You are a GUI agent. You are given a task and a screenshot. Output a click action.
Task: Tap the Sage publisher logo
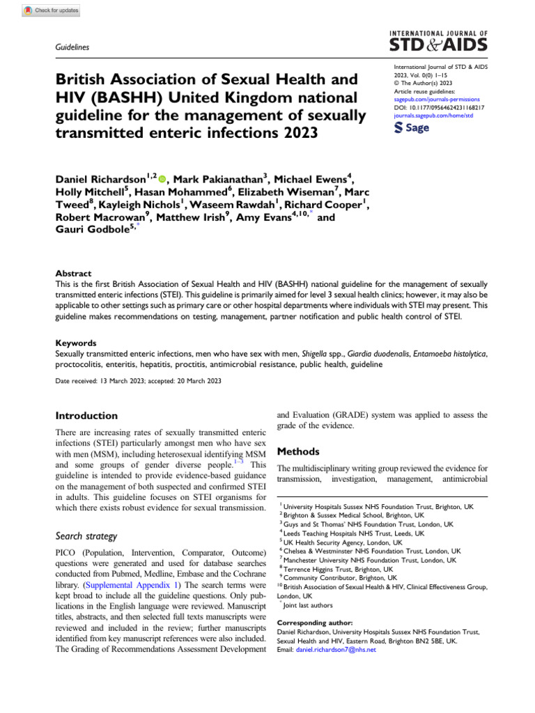[412, 127]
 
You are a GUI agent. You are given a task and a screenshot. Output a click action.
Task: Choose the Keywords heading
[76, 343]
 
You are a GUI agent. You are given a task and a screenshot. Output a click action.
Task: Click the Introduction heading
[86, 416]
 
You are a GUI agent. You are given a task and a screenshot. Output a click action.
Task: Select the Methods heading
[298, 451]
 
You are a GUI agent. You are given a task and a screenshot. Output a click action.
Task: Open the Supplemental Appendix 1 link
[134, 586]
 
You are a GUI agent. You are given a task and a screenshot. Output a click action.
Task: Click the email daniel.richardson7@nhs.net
[336, 649]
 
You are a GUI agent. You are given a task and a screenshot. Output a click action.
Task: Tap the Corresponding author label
[315, 622]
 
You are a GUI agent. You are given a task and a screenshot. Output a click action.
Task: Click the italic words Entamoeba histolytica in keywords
[450, 354]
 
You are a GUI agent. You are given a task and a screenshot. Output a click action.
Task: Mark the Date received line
[138, 381]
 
